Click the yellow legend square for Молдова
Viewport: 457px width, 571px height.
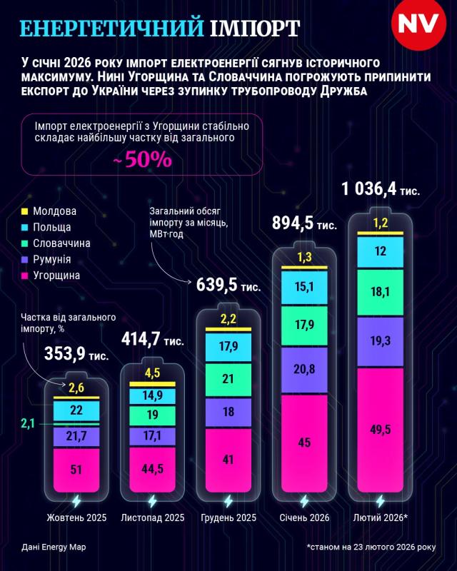click(x=25, y=211)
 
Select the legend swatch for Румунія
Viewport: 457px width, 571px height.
click(x=25, y=259)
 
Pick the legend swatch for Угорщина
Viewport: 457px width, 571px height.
click(x=25, y=275)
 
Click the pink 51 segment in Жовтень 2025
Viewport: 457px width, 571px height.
click(x=76, y=468)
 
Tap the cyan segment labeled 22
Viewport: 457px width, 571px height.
click(x=76, y=411)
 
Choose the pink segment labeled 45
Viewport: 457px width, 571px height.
click(x=303, y=443)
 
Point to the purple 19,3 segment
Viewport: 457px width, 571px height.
click(x=379, y=343)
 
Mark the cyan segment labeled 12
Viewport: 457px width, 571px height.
click(x=379, y=251)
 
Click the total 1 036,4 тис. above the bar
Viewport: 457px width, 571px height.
click(x=380, y=190)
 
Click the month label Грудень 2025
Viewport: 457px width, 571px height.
click(x=228, y=518)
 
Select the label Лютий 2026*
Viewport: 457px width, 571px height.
click(x=381, y=518)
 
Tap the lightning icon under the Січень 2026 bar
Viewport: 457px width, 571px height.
click(x=303, y=500)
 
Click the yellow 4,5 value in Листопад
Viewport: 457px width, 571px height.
click(x=151, y=372)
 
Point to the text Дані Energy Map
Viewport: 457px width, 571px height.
click(x=54, y=547)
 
